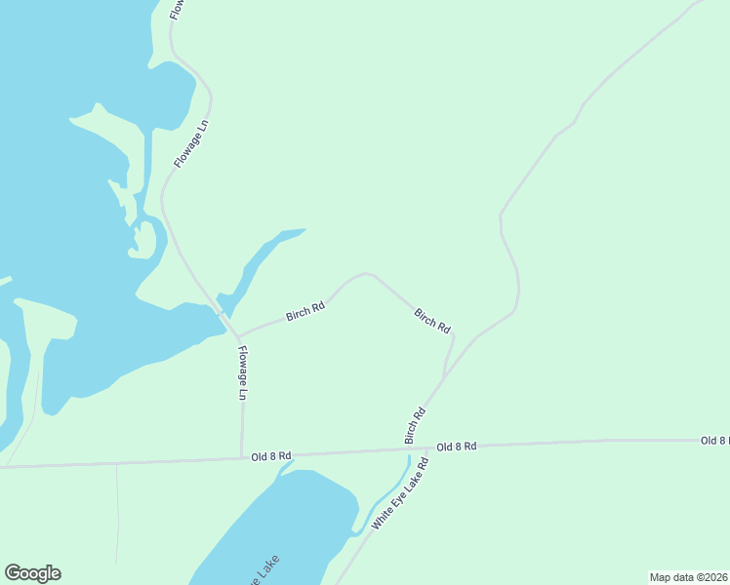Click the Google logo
[x=32, y=573]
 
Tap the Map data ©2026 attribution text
[x=688, y=576]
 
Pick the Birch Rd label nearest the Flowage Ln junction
[x=304, y=313]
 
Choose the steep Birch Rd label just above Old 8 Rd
[x=415, y=426]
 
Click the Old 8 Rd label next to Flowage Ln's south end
[x=270, y=455]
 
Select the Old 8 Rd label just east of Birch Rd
[x=457, y=446]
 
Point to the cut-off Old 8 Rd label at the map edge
[x=714, y=441]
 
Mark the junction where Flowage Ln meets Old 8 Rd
[x=242, y=455]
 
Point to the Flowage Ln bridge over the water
[x=224, y=318]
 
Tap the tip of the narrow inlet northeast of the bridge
[x=303, y=231]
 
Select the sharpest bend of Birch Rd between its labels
[x=365, y=274]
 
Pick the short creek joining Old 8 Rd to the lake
[x=286, y=465]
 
